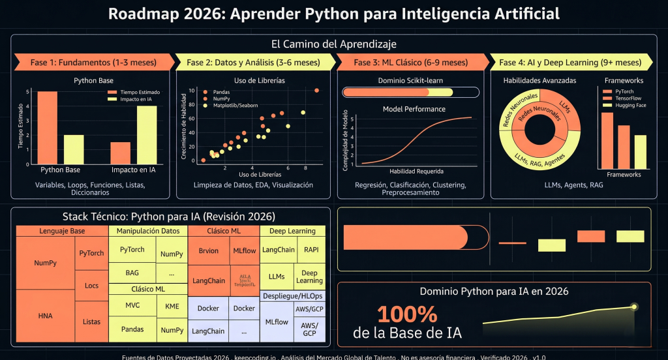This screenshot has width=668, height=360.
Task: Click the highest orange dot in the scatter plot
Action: point(316,91)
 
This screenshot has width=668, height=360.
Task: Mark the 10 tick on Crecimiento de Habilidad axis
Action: point(192,91)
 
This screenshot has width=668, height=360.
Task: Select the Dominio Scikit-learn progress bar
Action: point(410,93)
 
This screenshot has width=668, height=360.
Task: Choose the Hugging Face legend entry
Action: point(630,105)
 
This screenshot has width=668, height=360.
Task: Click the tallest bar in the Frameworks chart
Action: point(607,140)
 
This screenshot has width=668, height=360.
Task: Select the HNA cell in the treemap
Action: point(45,316)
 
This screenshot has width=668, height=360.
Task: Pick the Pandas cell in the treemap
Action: point(132,330)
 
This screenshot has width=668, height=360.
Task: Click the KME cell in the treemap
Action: point(172,305)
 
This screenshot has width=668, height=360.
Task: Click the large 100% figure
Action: point(407,314)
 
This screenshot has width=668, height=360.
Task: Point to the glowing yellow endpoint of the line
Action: point(634,306)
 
